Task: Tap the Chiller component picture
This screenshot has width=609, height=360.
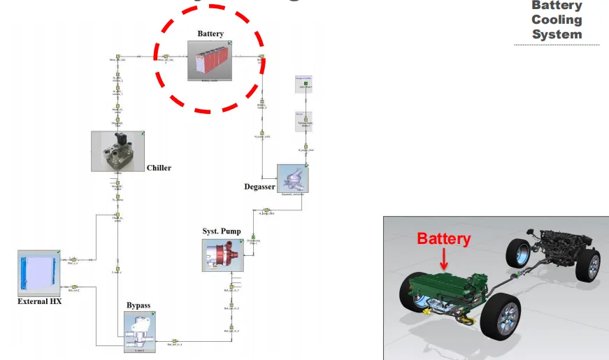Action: pyautogui.click(x=117, y=151)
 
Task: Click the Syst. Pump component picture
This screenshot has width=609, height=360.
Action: pyautogui.click(x=223, y=255)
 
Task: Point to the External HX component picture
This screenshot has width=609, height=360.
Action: pyautogui.click(x=39, y=273)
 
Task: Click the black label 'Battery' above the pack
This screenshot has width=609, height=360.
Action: pyautogui.click(x=210, y=34)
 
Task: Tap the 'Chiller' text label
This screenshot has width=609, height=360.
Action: pyautogui.click(x=159, y=168)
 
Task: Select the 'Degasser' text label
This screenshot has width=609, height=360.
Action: pyautogui.click(x=259, y=187)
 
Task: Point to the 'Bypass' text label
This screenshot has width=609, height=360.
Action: pyautogui.click(x=138, y=305)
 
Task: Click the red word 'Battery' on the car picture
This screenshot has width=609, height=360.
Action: pyautogui.click(x=444, y=238)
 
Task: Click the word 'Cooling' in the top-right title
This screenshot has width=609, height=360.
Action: pyautogui.click(x=557, y=20)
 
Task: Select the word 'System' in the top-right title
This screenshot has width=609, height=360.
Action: pyautogui.click(x=557, y=34)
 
